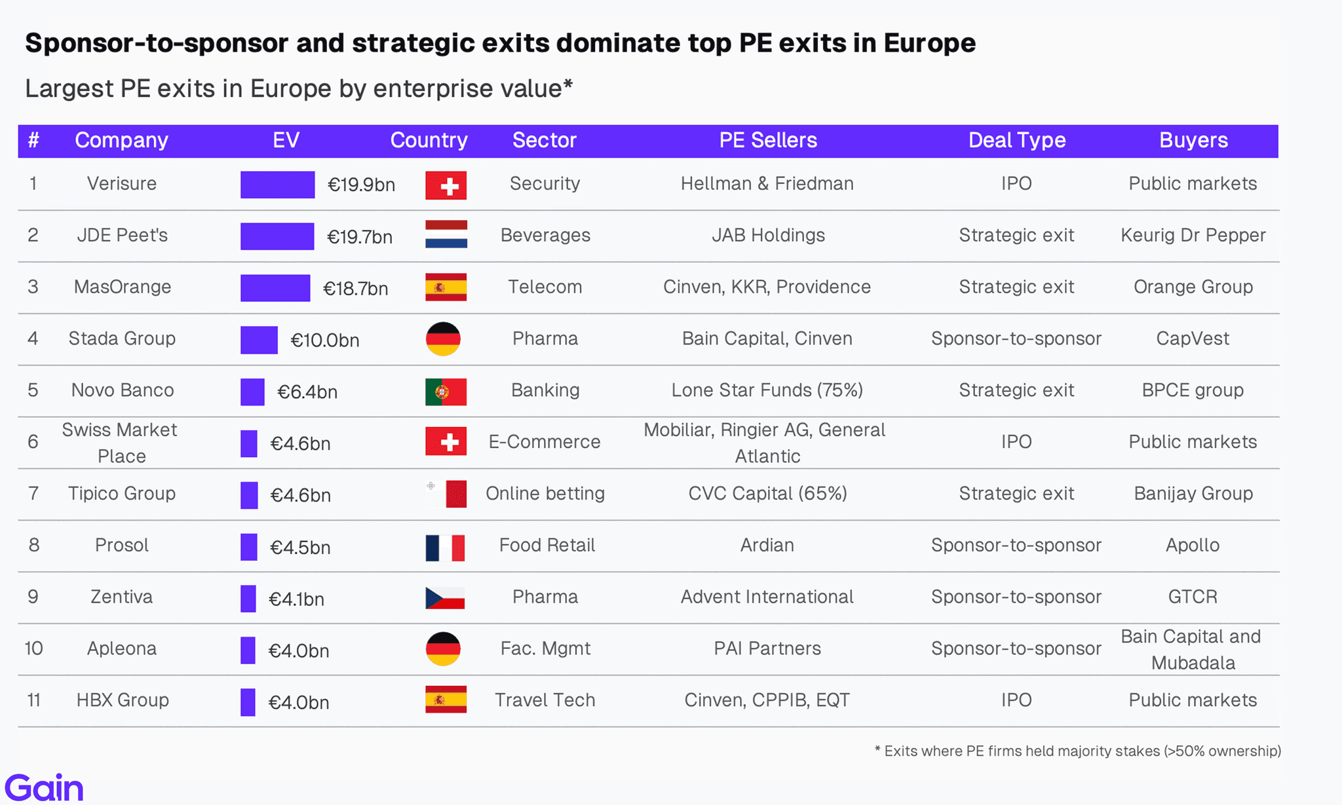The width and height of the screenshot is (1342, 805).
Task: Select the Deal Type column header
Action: [1017, 140]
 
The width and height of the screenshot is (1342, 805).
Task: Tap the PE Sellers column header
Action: [768, 140]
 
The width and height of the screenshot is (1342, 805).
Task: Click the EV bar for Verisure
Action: [277, 185]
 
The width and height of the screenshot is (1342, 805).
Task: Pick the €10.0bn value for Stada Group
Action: [325, 340]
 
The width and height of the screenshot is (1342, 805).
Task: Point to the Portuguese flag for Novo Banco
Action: [446, 392]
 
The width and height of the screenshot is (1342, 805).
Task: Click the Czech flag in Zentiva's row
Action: [445, 598]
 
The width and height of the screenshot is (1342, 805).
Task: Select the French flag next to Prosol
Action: [445, 548]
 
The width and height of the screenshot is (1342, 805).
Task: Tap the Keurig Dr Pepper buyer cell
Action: [1193, 235]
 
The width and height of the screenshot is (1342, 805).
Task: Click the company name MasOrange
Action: [123, 287]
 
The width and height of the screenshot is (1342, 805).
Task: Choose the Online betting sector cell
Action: [545, 493]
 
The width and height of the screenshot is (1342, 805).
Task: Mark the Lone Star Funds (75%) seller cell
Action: [767, 390]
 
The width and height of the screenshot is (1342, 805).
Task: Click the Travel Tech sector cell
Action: [545, 700]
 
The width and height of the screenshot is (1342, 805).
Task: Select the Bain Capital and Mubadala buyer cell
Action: [1191, 649]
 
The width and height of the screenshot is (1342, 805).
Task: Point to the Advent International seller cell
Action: [767, 597]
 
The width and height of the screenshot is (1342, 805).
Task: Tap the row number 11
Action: [34, 700]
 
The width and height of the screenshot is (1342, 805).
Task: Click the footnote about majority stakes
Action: [1078, 751]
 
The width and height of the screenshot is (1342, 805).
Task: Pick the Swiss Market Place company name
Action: [120, 443]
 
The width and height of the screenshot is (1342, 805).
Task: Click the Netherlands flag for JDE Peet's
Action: [446, 234]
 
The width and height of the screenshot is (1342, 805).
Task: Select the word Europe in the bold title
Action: [930, 43]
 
